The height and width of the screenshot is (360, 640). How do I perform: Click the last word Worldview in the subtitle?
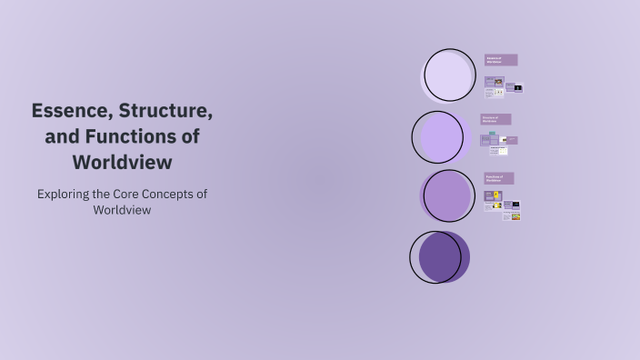click(122, 209)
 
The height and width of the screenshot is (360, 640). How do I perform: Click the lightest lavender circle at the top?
click(450, 75)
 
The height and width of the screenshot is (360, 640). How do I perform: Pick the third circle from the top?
click(447, 195)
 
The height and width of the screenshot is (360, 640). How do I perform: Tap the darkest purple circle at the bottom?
click(440, 256)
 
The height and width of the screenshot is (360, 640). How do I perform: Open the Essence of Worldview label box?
click(501, 60)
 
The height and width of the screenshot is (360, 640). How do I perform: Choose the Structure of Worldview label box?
click(496, 119)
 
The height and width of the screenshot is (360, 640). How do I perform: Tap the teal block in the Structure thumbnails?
click(493, 135)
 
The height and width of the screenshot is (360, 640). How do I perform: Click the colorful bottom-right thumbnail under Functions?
click(515, 216)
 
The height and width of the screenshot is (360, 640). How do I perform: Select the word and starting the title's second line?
click(63, 137)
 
